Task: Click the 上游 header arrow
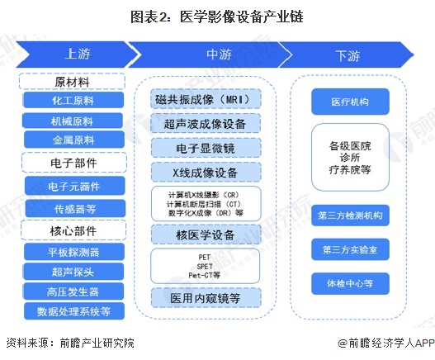[x=74, y=54]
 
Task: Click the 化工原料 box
[x=73, y=100]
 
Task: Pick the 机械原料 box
[x=73, y=121]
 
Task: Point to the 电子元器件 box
[x=73, y=185]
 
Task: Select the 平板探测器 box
[x=73, y=250]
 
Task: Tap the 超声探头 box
[x=73, y=271]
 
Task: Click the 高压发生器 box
[x=73, y=291]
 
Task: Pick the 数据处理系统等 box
[x=73, y=311]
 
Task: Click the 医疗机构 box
[x=350, y=102]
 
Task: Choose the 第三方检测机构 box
[x=350, y=215]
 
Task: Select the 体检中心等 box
[x=350, y=283]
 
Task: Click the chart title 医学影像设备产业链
[x=217, y=16]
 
